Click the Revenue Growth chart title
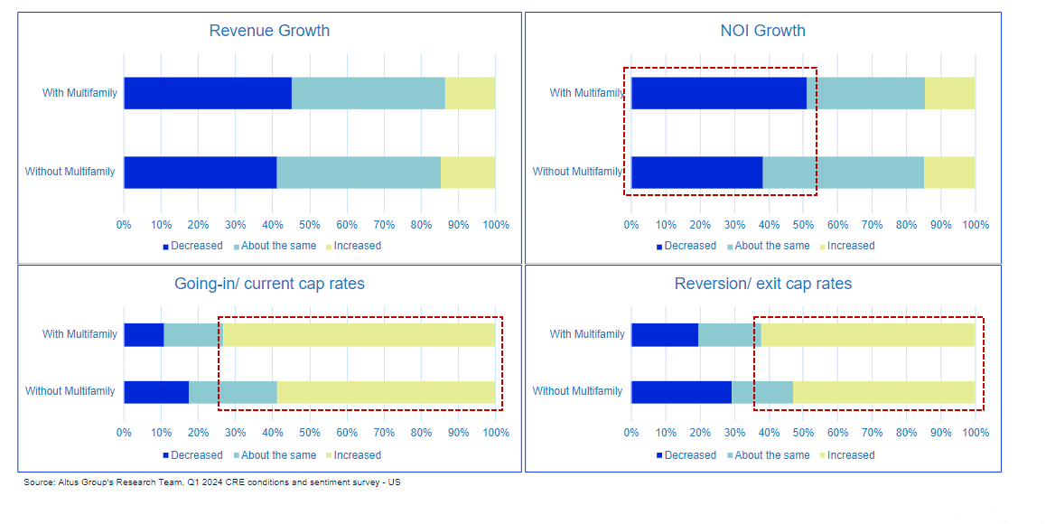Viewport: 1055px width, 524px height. point(269,31)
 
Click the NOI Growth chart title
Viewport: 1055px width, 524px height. point(762,31)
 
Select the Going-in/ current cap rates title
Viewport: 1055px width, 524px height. point(269,284)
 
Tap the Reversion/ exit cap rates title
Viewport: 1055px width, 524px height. point(762,284)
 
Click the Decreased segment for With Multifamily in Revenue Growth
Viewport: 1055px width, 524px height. point(208,93)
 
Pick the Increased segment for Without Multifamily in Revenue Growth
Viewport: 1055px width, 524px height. point(468,172)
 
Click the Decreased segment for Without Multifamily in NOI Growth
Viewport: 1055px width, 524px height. point(696,172)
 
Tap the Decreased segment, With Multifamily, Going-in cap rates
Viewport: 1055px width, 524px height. point(144,334)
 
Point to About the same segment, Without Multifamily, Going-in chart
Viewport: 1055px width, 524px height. point(232,391)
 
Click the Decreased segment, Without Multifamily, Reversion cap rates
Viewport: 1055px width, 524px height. point(681,391)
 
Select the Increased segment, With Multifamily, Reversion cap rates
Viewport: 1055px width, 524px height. point(868,334)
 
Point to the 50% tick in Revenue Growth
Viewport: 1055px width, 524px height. point(310,225)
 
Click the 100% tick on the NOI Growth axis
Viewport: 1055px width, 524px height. point(976,225)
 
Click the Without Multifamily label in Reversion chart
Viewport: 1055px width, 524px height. point(577,391)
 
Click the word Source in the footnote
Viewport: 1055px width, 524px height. point(40,482)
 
